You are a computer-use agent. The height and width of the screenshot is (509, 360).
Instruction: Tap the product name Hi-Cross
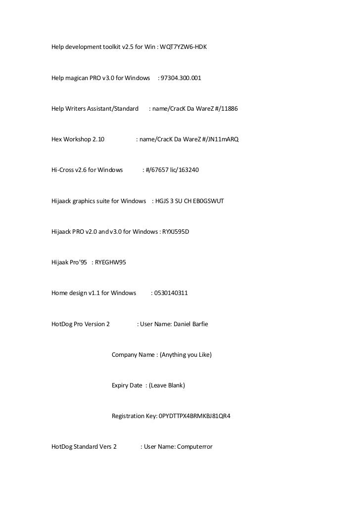(62, 170)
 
